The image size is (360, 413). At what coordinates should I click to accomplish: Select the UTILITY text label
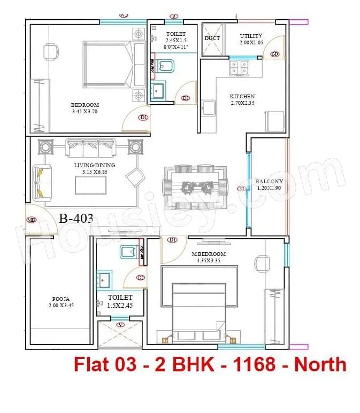click(x=251, y=36)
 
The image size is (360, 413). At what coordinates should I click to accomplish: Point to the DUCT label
click(x=212, y=38)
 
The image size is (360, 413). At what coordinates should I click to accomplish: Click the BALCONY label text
click(x=270, y=181)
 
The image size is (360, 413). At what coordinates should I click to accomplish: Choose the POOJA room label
click(x=59, y=299)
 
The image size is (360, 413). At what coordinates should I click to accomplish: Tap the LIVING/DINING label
click(x=95, y=165)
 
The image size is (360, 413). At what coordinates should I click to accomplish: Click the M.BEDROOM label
click(x=209, y=254)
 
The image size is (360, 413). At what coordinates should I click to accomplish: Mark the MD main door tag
click(x=32, y=220)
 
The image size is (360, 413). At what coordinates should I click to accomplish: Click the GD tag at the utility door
click(x=274, y=54)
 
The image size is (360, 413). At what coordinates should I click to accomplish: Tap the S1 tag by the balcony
click(x=242, y=189)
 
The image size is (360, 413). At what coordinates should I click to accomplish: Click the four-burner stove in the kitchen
click(x=239, y=68)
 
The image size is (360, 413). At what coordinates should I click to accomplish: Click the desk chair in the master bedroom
click(x=262, y=262)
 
